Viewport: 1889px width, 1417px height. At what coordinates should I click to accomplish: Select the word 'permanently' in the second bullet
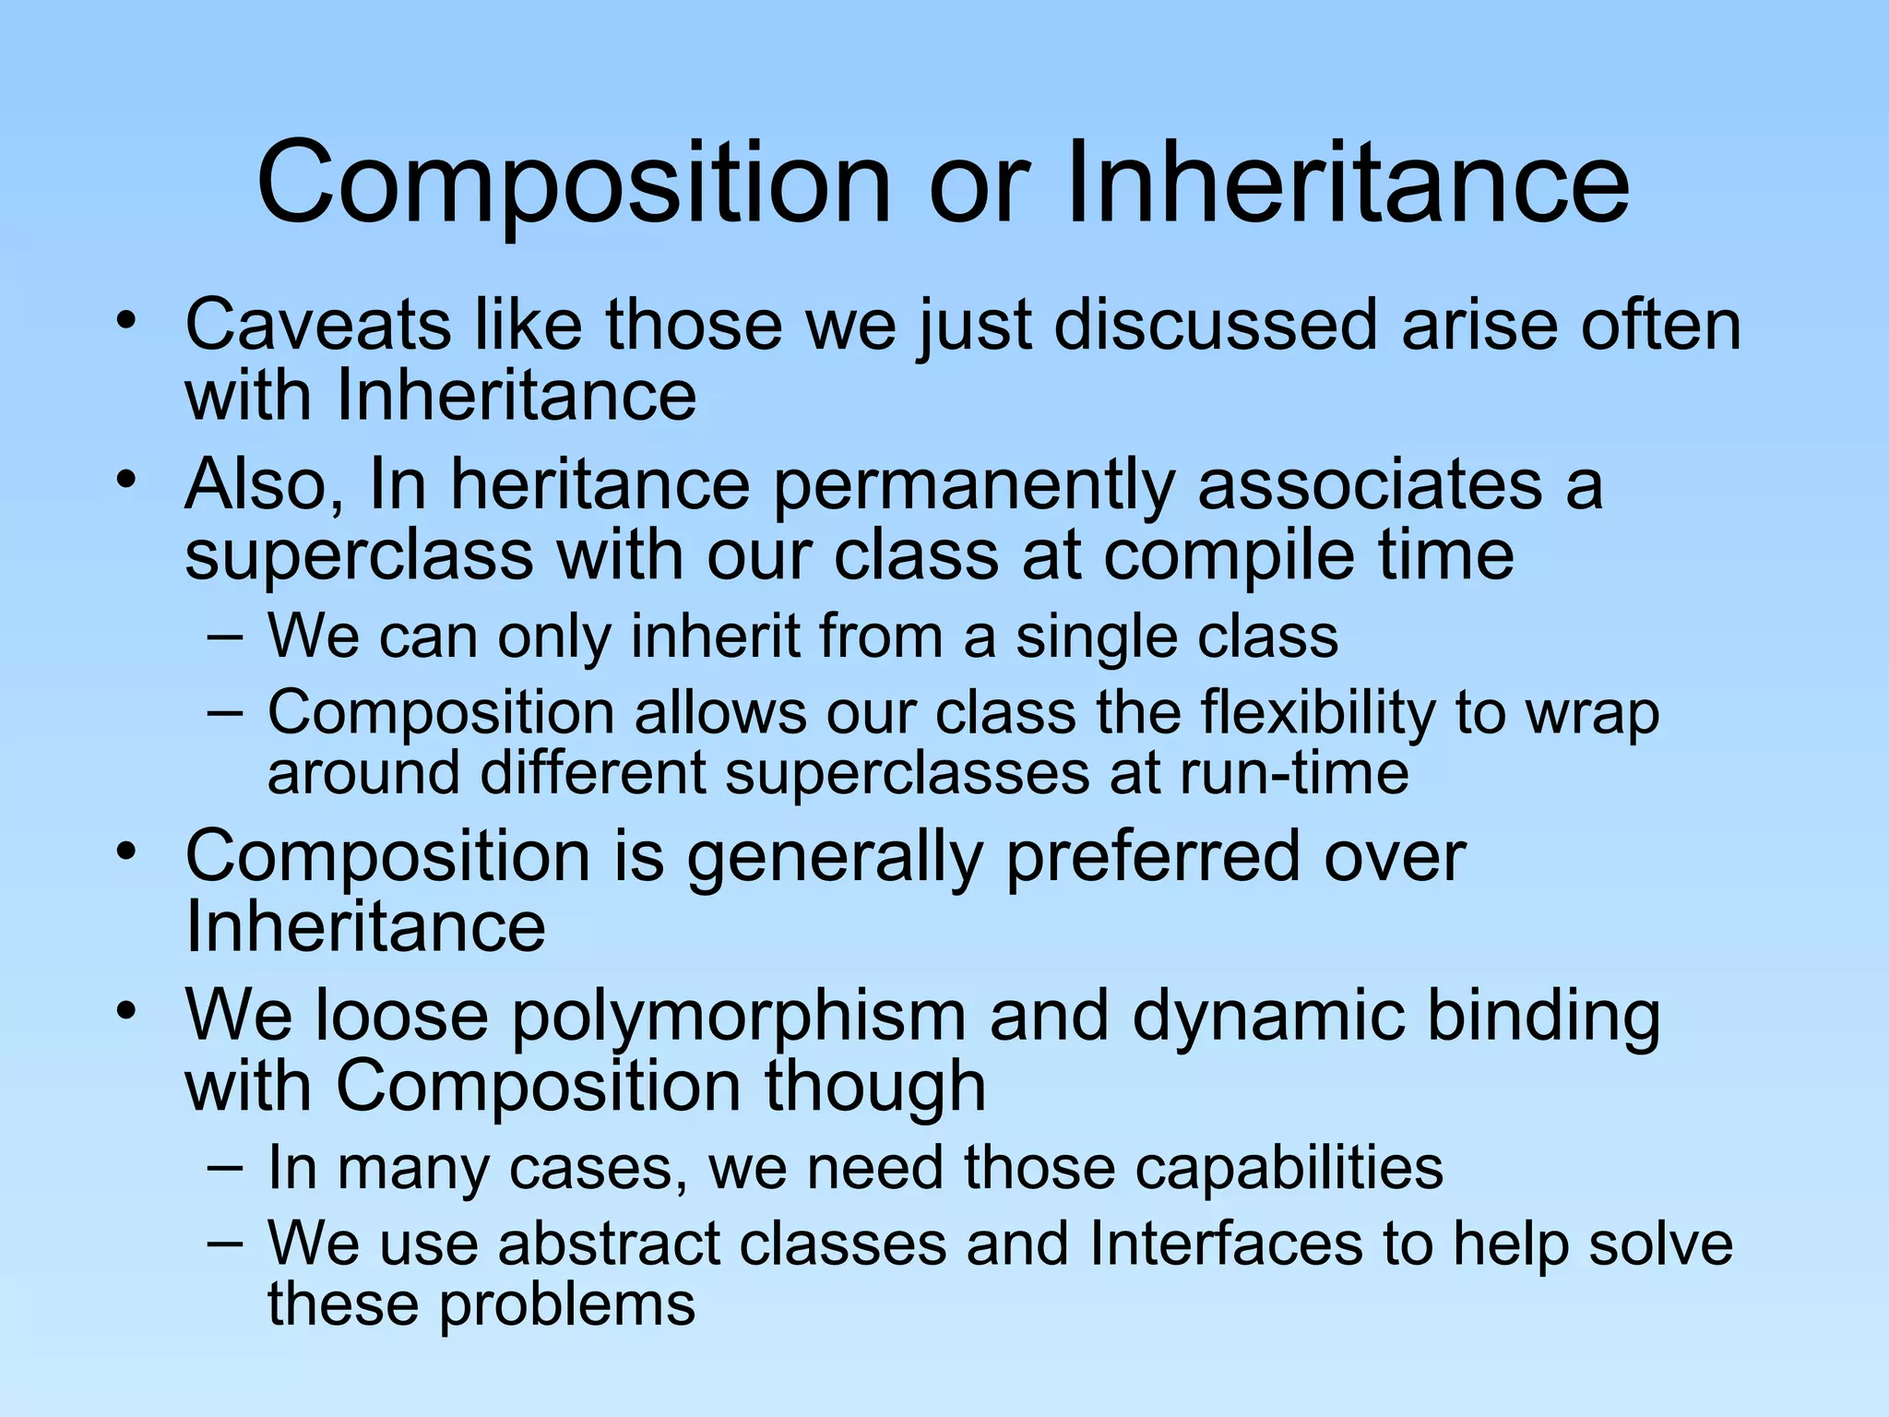973,486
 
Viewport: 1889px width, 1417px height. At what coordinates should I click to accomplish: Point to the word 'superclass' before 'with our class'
359,555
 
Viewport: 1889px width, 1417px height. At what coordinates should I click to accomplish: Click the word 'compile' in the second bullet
1229,557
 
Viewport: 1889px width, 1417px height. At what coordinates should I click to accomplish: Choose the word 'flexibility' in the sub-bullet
1317,714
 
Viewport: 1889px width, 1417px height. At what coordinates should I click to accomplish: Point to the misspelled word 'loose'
401,1016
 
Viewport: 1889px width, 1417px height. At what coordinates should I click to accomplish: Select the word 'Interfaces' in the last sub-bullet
1226,1244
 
